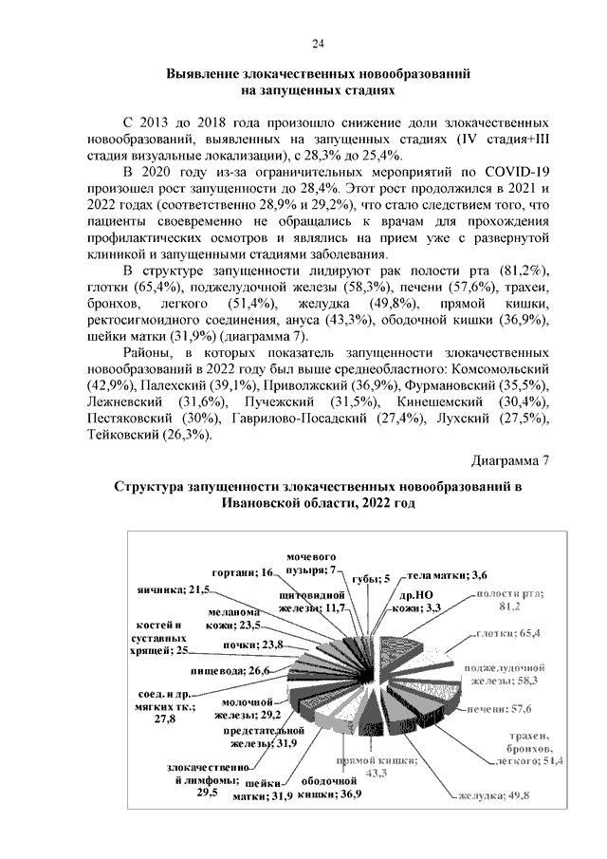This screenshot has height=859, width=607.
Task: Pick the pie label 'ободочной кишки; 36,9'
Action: (322, 789)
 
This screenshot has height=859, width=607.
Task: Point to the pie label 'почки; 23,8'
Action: (239, 645)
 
